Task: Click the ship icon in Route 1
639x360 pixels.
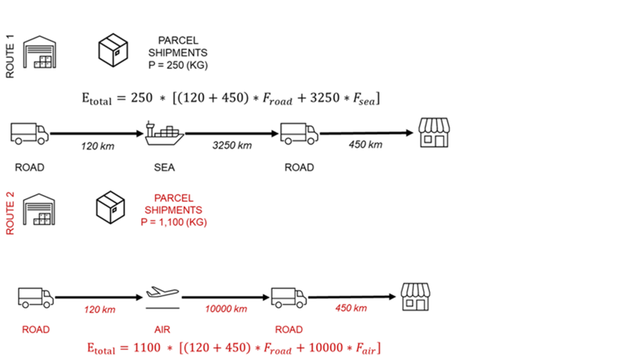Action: [x=164, y=132]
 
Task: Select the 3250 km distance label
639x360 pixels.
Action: [x=232, y=145]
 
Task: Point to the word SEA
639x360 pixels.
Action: [x=164, y=168]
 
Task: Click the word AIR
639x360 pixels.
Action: [x=162, y=330]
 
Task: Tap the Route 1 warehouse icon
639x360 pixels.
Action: [x=40, y=51]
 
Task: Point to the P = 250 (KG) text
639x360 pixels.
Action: [x=183, y=65]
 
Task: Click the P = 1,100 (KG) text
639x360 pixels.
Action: [x=174, y=222]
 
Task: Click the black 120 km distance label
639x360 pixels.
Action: [x=98, y=146]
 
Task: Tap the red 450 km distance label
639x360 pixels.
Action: [x=351, y=308]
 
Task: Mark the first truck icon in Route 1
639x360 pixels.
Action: [x=29, y=133]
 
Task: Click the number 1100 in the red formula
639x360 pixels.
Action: [x=148, y=349]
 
